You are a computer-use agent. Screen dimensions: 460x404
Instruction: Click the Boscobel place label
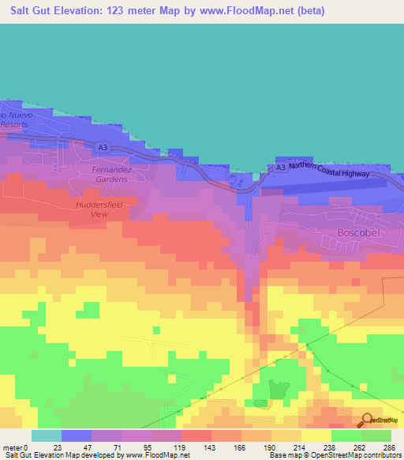[x=359, y=233]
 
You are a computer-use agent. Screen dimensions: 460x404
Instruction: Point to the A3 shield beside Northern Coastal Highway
[x=282, y=168]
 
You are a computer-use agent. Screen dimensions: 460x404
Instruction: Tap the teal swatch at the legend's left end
[x=47, y=435]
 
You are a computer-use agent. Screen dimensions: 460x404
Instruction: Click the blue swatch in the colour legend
[x=77, y=435]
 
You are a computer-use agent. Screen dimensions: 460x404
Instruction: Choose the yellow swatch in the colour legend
[x=316, y=435]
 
